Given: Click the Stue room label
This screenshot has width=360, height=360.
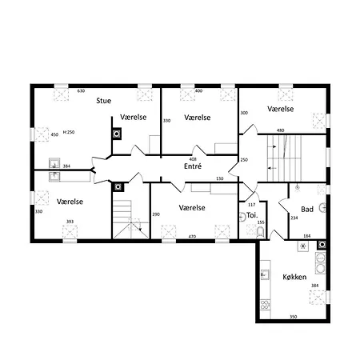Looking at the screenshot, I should tap(103, 101).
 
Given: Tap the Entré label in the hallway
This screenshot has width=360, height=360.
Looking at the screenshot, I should tap(193, 167).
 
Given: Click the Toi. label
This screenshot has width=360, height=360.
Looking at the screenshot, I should tap(251, 214).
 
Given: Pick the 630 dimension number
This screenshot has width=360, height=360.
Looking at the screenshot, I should tap(81, 91).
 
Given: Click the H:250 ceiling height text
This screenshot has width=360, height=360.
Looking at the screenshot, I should tap(69, 132).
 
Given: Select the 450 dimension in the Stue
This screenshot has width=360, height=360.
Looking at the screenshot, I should tap(54, 135).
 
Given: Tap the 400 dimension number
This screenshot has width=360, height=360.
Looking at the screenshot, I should tap(198, 91).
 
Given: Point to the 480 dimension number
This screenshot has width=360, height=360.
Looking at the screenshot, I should tap(281, 130).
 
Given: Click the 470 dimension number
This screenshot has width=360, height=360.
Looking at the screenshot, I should tap(192, 237).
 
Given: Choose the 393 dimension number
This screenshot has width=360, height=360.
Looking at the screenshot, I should tap(70, 222).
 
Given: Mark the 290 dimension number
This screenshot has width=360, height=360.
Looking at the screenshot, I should tap(156, 214).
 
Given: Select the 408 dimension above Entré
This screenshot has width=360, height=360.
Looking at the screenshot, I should tap(192, 158).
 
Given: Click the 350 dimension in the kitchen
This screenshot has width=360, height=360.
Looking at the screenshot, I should tap(294, 317).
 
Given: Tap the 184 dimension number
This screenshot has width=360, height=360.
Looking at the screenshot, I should tap(306, 236).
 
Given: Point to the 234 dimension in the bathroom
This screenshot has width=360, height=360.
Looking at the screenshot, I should tap(294, 218).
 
